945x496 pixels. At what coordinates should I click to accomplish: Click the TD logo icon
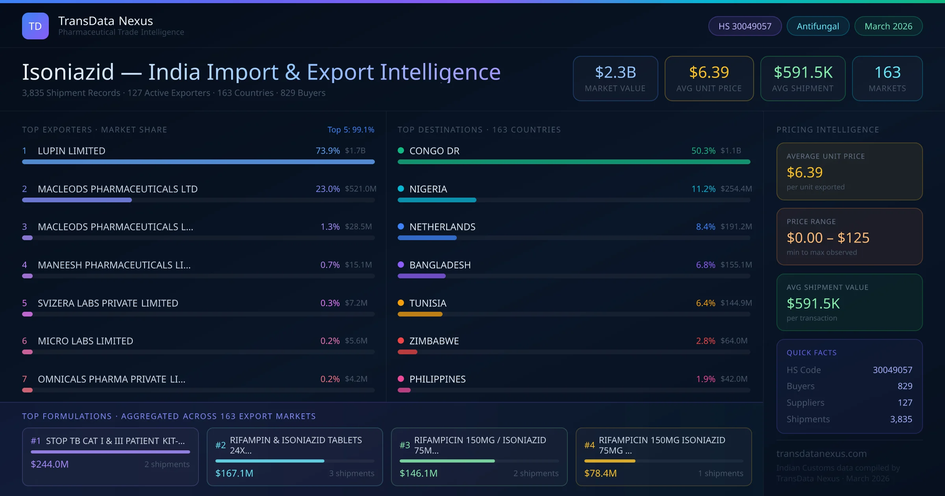pos(35,26)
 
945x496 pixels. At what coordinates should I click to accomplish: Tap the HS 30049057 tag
pos(745,26)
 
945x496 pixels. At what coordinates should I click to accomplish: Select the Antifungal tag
pos(818,26)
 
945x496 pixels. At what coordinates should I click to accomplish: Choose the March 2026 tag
pos(888,26)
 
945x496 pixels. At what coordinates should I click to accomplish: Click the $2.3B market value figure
pos(615,72)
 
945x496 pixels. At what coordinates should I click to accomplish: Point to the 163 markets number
pos(888,72)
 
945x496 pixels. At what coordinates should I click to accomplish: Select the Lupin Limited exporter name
pos(71,151)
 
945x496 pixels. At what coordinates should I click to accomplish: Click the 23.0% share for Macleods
pos(328,189)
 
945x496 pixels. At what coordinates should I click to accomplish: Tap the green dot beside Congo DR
pos(401,150)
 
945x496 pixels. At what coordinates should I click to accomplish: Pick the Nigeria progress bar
pos(437,200)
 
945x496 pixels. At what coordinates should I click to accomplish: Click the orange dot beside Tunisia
pos(401,303)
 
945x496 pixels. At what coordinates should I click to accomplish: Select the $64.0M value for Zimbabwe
pos(734,341)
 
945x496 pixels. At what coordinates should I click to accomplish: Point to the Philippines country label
pos(437,379)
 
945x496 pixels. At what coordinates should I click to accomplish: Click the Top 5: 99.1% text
pos(351,130)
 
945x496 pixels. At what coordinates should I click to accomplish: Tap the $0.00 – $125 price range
pos(828,238)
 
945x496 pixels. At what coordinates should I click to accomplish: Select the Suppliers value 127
pos(904,403)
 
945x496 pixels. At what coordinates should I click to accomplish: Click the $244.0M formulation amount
pos(50,464)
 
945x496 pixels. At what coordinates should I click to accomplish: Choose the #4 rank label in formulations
pos(589,445)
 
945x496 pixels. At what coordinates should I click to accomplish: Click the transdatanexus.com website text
pos(821,453)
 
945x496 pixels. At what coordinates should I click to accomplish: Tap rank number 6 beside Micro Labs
pos(24,341)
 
